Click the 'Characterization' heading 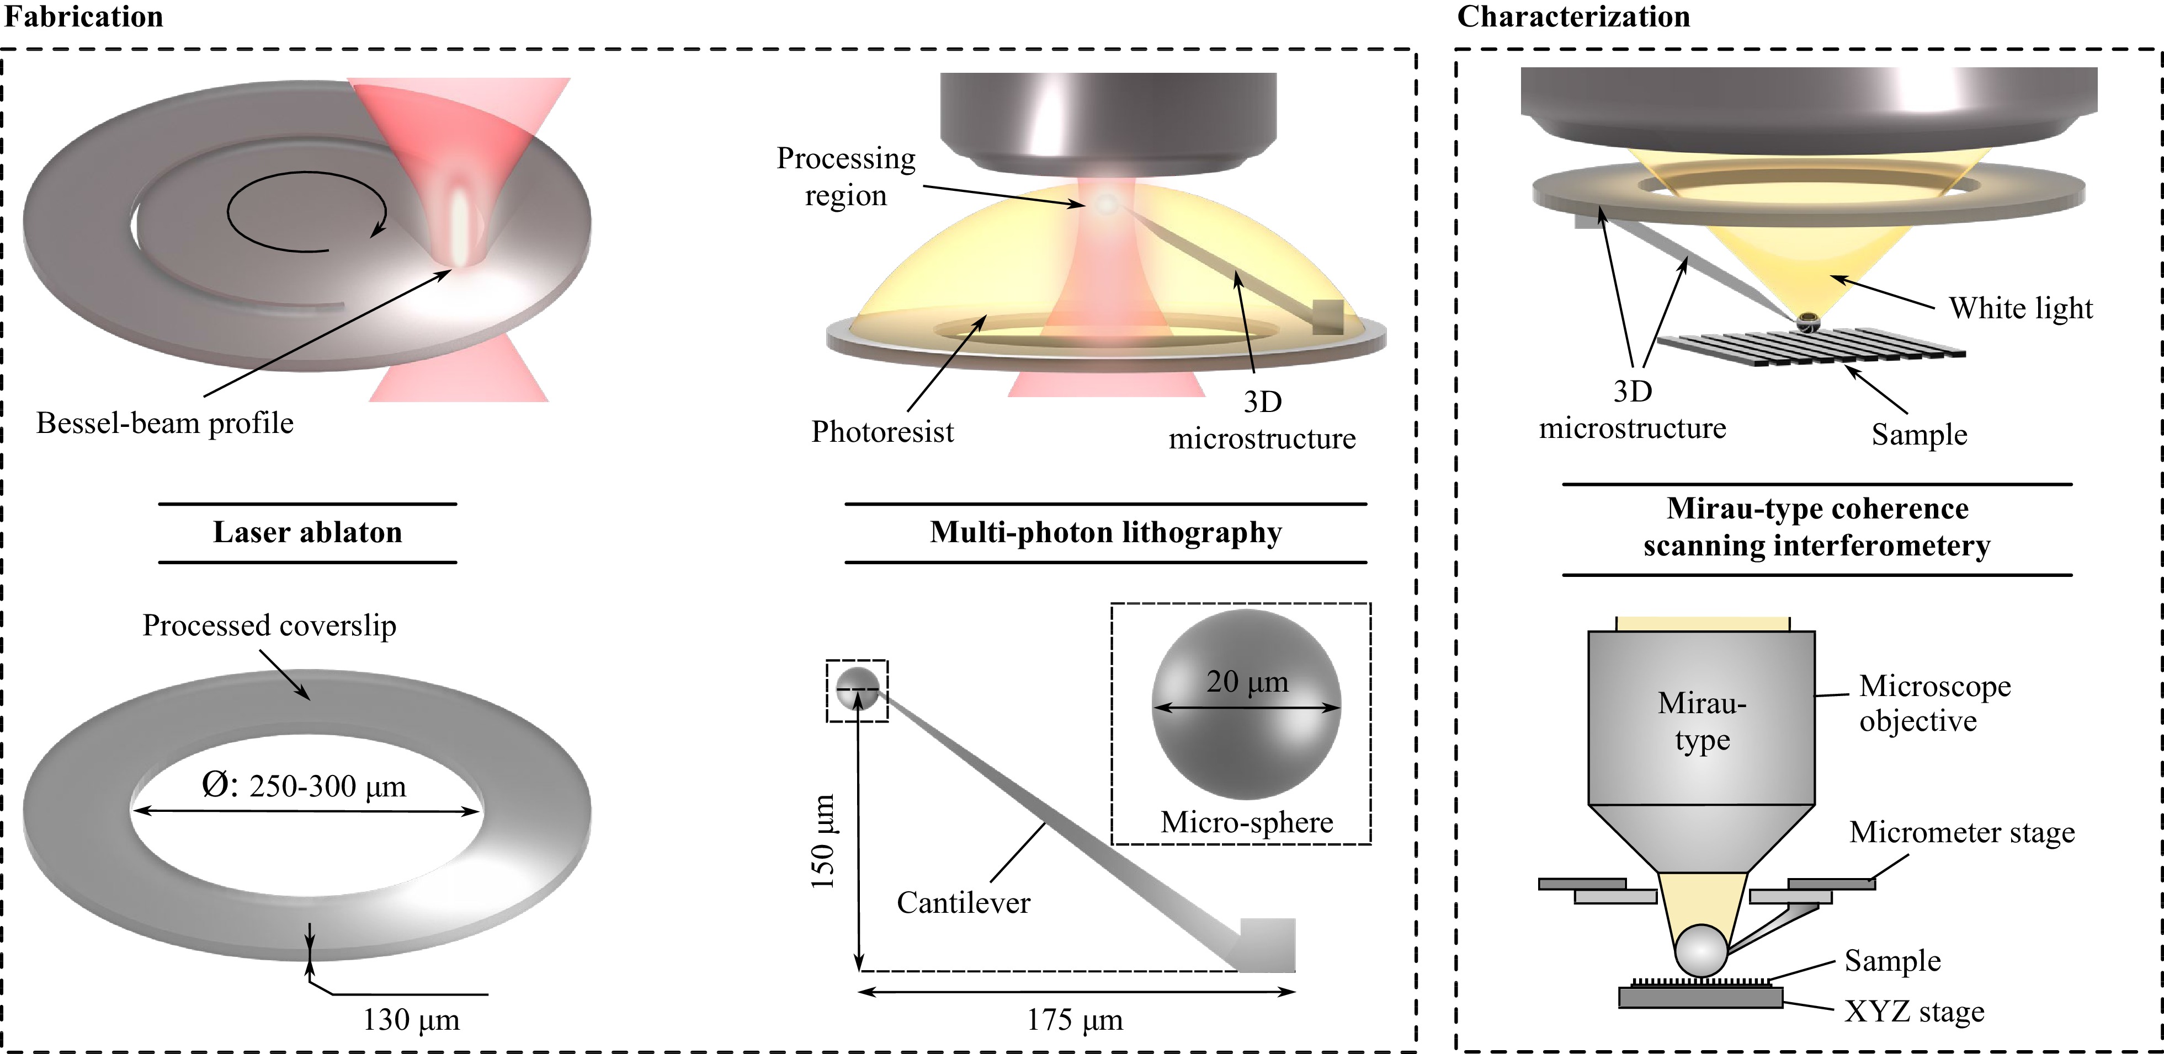(x=1572, y=17)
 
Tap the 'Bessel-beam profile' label (x=164, y=423)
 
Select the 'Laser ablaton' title (x=307, y=532)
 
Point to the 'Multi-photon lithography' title (x=1105, y=532)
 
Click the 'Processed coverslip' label (x=269, y=625)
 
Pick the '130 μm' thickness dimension (x=411, y=1020)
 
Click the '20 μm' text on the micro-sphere (x=1247, y=682)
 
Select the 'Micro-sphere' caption (x=1247, y=822)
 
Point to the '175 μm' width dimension (x=1075, y=1020)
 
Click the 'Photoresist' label (x=882, y=432)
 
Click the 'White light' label (x=2021, y=308)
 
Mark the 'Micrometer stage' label (x=1961, y=832)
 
